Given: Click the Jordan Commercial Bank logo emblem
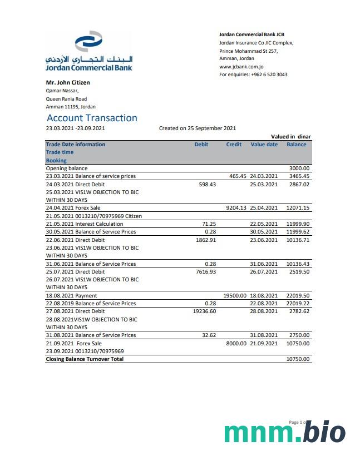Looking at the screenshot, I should (x=88, y=42).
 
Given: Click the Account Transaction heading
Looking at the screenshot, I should (x=92, y=118).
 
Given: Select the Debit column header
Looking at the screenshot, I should (x=201, y=145).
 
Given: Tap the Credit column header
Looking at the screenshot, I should (x=234, y=145).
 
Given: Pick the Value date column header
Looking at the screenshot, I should (x=264, y=145).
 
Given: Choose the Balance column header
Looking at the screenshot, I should (x=297, y=145).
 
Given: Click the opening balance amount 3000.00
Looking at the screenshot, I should (x=299, y=168).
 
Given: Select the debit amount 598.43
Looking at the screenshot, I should (x=207, y=184).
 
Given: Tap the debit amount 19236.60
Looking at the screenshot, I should (x=204, y=312).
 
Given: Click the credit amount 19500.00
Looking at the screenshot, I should (x=234, y=296).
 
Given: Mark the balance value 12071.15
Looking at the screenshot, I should (x=298, y=208).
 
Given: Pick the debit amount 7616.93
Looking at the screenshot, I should (x=206, y=272).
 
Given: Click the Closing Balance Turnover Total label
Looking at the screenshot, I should (x=85, y=359).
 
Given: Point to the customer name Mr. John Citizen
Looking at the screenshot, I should (x=68, y=83).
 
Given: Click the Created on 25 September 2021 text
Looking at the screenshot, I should (x=198, y=128).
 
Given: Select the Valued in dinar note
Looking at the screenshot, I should (x=290, y=137).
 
